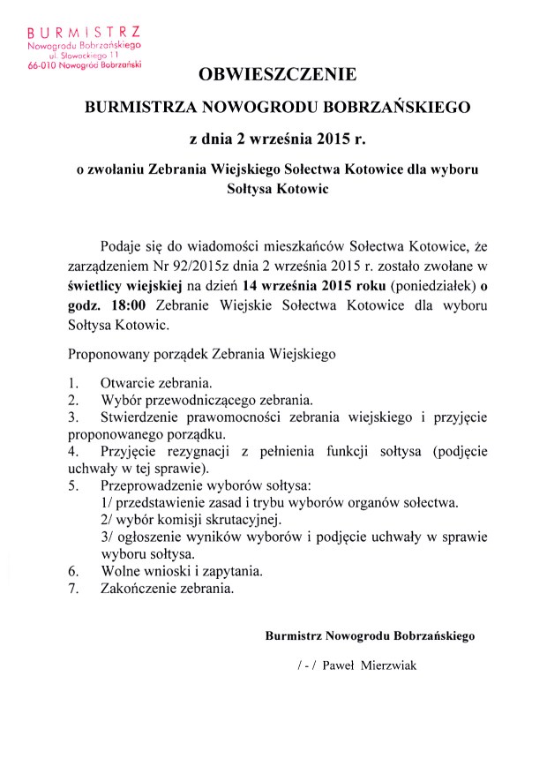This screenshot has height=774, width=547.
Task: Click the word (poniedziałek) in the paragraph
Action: coord(437,284)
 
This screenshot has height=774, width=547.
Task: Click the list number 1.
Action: coord(72,384)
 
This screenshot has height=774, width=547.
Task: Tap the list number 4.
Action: coord(72,450)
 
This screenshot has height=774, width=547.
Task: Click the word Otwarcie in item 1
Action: coord(130,384)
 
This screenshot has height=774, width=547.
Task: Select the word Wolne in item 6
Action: coord(123,571)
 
